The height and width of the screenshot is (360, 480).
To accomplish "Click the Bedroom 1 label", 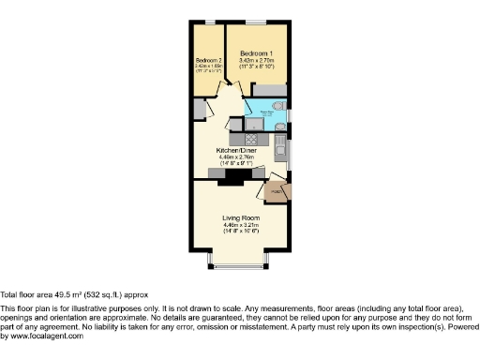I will tap(255, 53).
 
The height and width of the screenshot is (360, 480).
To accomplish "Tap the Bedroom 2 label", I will tap(208, 60).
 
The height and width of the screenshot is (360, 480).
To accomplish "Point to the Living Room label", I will tap(239, 218).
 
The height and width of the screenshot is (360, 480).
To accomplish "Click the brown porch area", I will tap(278, 192).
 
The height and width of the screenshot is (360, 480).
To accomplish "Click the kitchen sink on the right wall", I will tap(281, 145).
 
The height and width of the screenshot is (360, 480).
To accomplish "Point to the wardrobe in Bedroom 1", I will tap(271, 88).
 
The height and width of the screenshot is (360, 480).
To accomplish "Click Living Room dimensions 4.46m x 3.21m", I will tap(239, 225).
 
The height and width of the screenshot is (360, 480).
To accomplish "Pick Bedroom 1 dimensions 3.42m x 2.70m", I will tap(255, 61).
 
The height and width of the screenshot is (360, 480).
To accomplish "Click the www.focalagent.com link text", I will tap(44, 336).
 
